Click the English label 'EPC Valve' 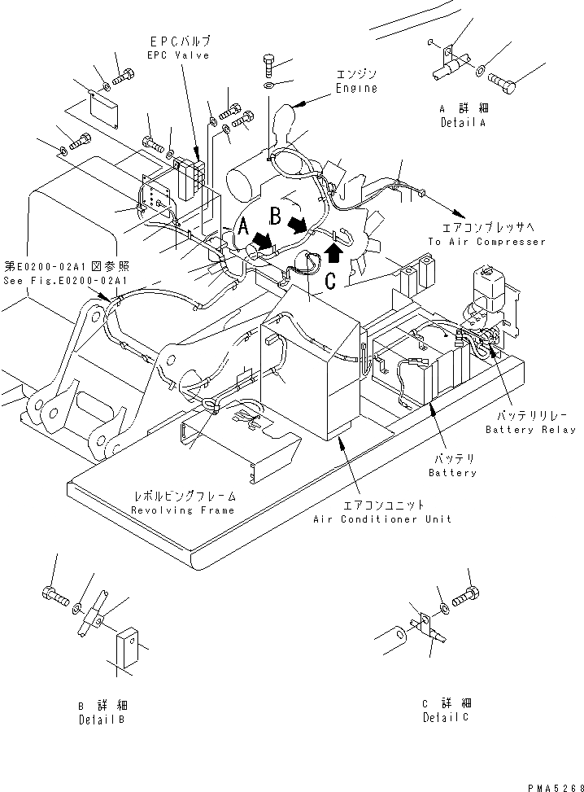[x=179, y=55]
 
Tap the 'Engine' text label [x=356, y=89]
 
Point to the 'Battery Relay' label [x=530, y=429]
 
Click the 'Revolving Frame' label [x=183, y=510]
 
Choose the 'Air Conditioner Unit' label [x=381, y=519]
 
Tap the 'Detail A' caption [x=461, y=123]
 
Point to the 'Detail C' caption [x=446, y=717]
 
